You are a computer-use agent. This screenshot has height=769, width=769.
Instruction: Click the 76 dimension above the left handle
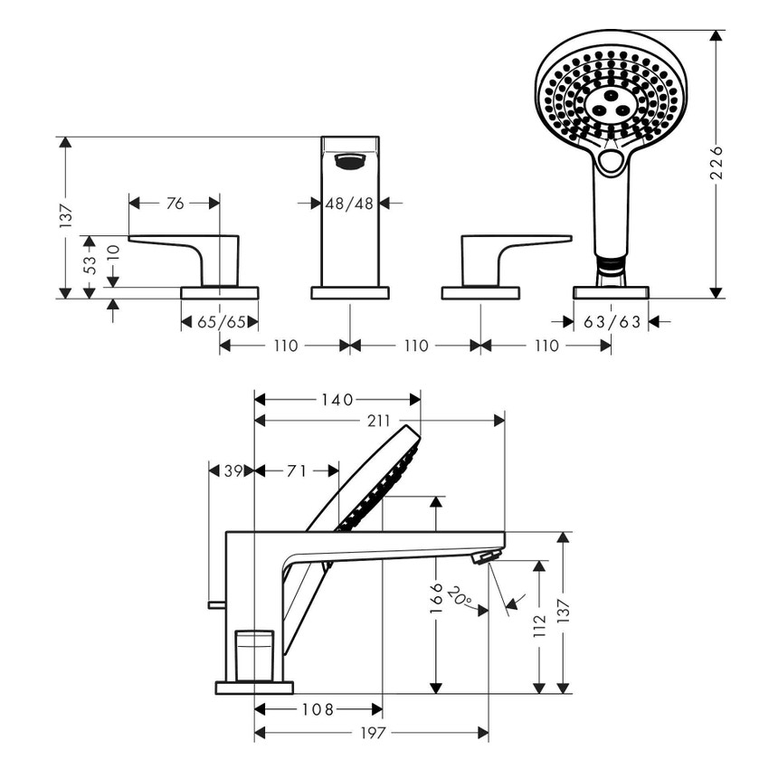(x=175, y=204)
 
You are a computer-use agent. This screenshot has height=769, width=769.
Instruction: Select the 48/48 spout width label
(x=349, y=204)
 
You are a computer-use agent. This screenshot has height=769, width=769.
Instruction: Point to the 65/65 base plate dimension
(x=219, y=321)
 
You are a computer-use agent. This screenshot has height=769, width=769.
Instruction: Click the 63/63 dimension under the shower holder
(x=612, y=321)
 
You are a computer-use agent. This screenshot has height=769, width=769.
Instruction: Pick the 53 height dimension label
(x=89, y=265)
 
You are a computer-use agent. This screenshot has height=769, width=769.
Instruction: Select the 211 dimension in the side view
(x=380, y=421)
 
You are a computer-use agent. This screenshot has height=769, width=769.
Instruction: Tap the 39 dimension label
(x=233, y=470)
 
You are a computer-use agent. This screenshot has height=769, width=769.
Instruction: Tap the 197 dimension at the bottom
(x=372, y=732)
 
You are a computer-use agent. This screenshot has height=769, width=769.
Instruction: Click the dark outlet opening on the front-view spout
(x=348, y=162)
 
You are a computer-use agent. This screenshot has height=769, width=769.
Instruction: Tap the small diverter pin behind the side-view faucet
(x=215, y=604)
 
